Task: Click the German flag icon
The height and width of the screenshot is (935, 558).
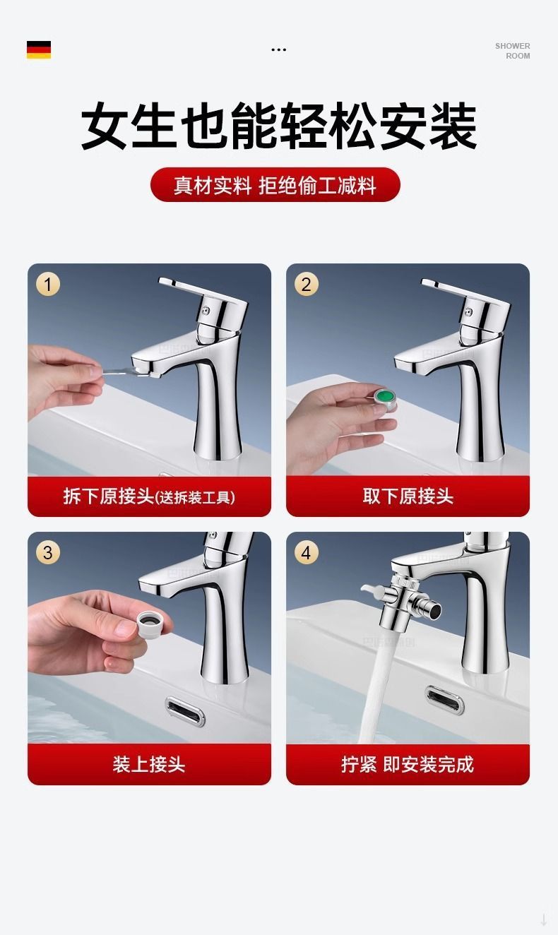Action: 39,49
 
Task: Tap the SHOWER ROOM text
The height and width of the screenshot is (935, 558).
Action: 512,51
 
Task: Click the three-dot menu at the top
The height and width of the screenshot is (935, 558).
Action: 278,49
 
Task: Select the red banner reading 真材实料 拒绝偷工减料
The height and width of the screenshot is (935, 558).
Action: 275,185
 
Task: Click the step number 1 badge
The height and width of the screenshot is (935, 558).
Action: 48,285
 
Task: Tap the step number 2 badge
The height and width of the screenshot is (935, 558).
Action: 307,285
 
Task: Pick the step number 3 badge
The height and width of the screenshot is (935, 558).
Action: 48,552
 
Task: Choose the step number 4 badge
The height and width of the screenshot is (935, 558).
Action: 307,553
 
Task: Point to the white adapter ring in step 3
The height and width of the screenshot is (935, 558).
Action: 155,623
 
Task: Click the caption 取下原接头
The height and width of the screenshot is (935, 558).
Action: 408,496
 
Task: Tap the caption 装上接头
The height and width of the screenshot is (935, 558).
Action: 149,764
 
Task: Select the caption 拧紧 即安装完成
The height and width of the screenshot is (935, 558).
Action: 408,764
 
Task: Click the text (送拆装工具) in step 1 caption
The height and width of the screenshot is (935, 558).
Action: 195,497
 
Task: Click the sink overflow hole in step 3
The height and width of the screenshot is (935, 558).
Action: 185,711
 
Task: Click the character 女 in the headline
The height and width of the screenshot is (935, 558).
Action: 104,126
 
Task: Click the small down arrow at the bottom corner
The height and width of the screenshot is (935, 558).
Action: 544,919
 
